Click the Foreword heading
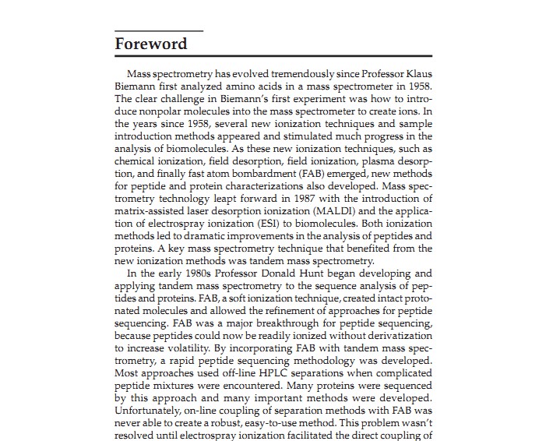click(x=151, y=44)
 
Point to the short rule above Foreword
click(x=159, y=30)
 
